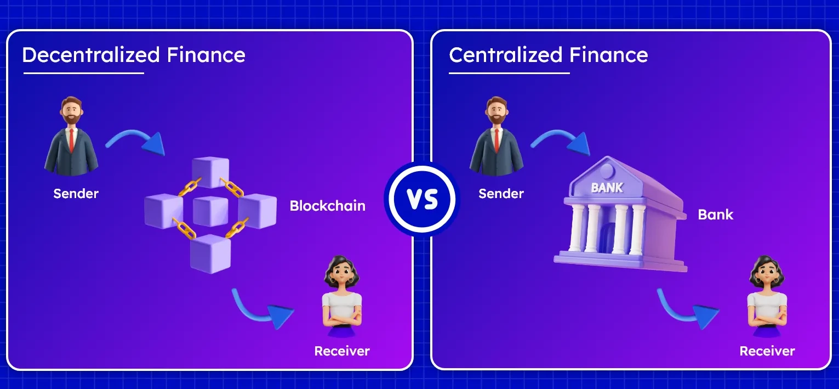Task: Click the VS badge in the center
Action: coord(422,199)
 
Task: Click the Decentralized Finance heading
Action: coord(133,55)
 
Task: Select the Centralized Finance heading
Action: coord(548,55)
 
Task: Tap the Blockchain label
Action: coord(327,206)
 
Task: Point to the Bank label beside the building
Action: coord(715,215)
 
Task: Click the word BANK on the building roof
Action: coord(607,188)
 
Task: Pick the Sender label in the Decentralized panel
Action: coord(76,194)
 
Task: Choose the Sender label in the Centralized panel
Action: coord(501,194)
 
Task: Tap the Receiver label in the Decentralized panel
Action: coord(342,351)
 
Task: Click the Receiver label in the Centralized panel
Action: coord(767,351)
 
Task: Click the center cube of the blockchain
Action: coord(210,211)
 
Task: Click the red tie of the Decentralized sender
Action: coord(71,141)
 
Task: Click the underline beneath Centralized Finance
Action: coord(509,73)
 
